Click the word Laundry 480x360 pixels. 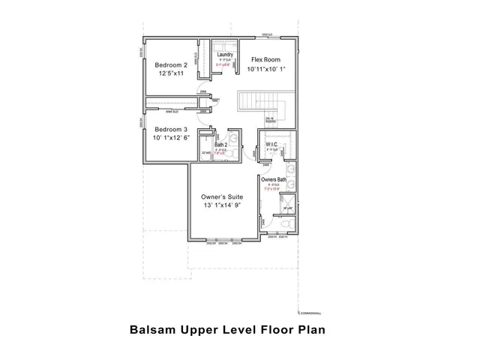(224, 55)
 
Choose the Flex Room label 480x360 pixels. (265, 59)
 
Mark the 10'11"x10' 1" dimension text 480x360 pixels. (266, 70)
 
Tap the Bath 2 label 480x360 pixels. (221, 145)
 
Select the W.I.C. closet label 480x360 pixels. (271, 145)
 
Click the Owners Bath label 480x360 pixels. (274, 180)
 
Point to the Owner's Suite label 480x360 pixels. (219, 196)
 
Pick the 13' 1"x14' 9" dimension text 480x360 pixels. (220, 206)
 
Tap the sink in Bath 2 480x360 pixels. (233, 138)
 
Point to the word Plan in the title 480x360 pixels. (309, 329)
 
